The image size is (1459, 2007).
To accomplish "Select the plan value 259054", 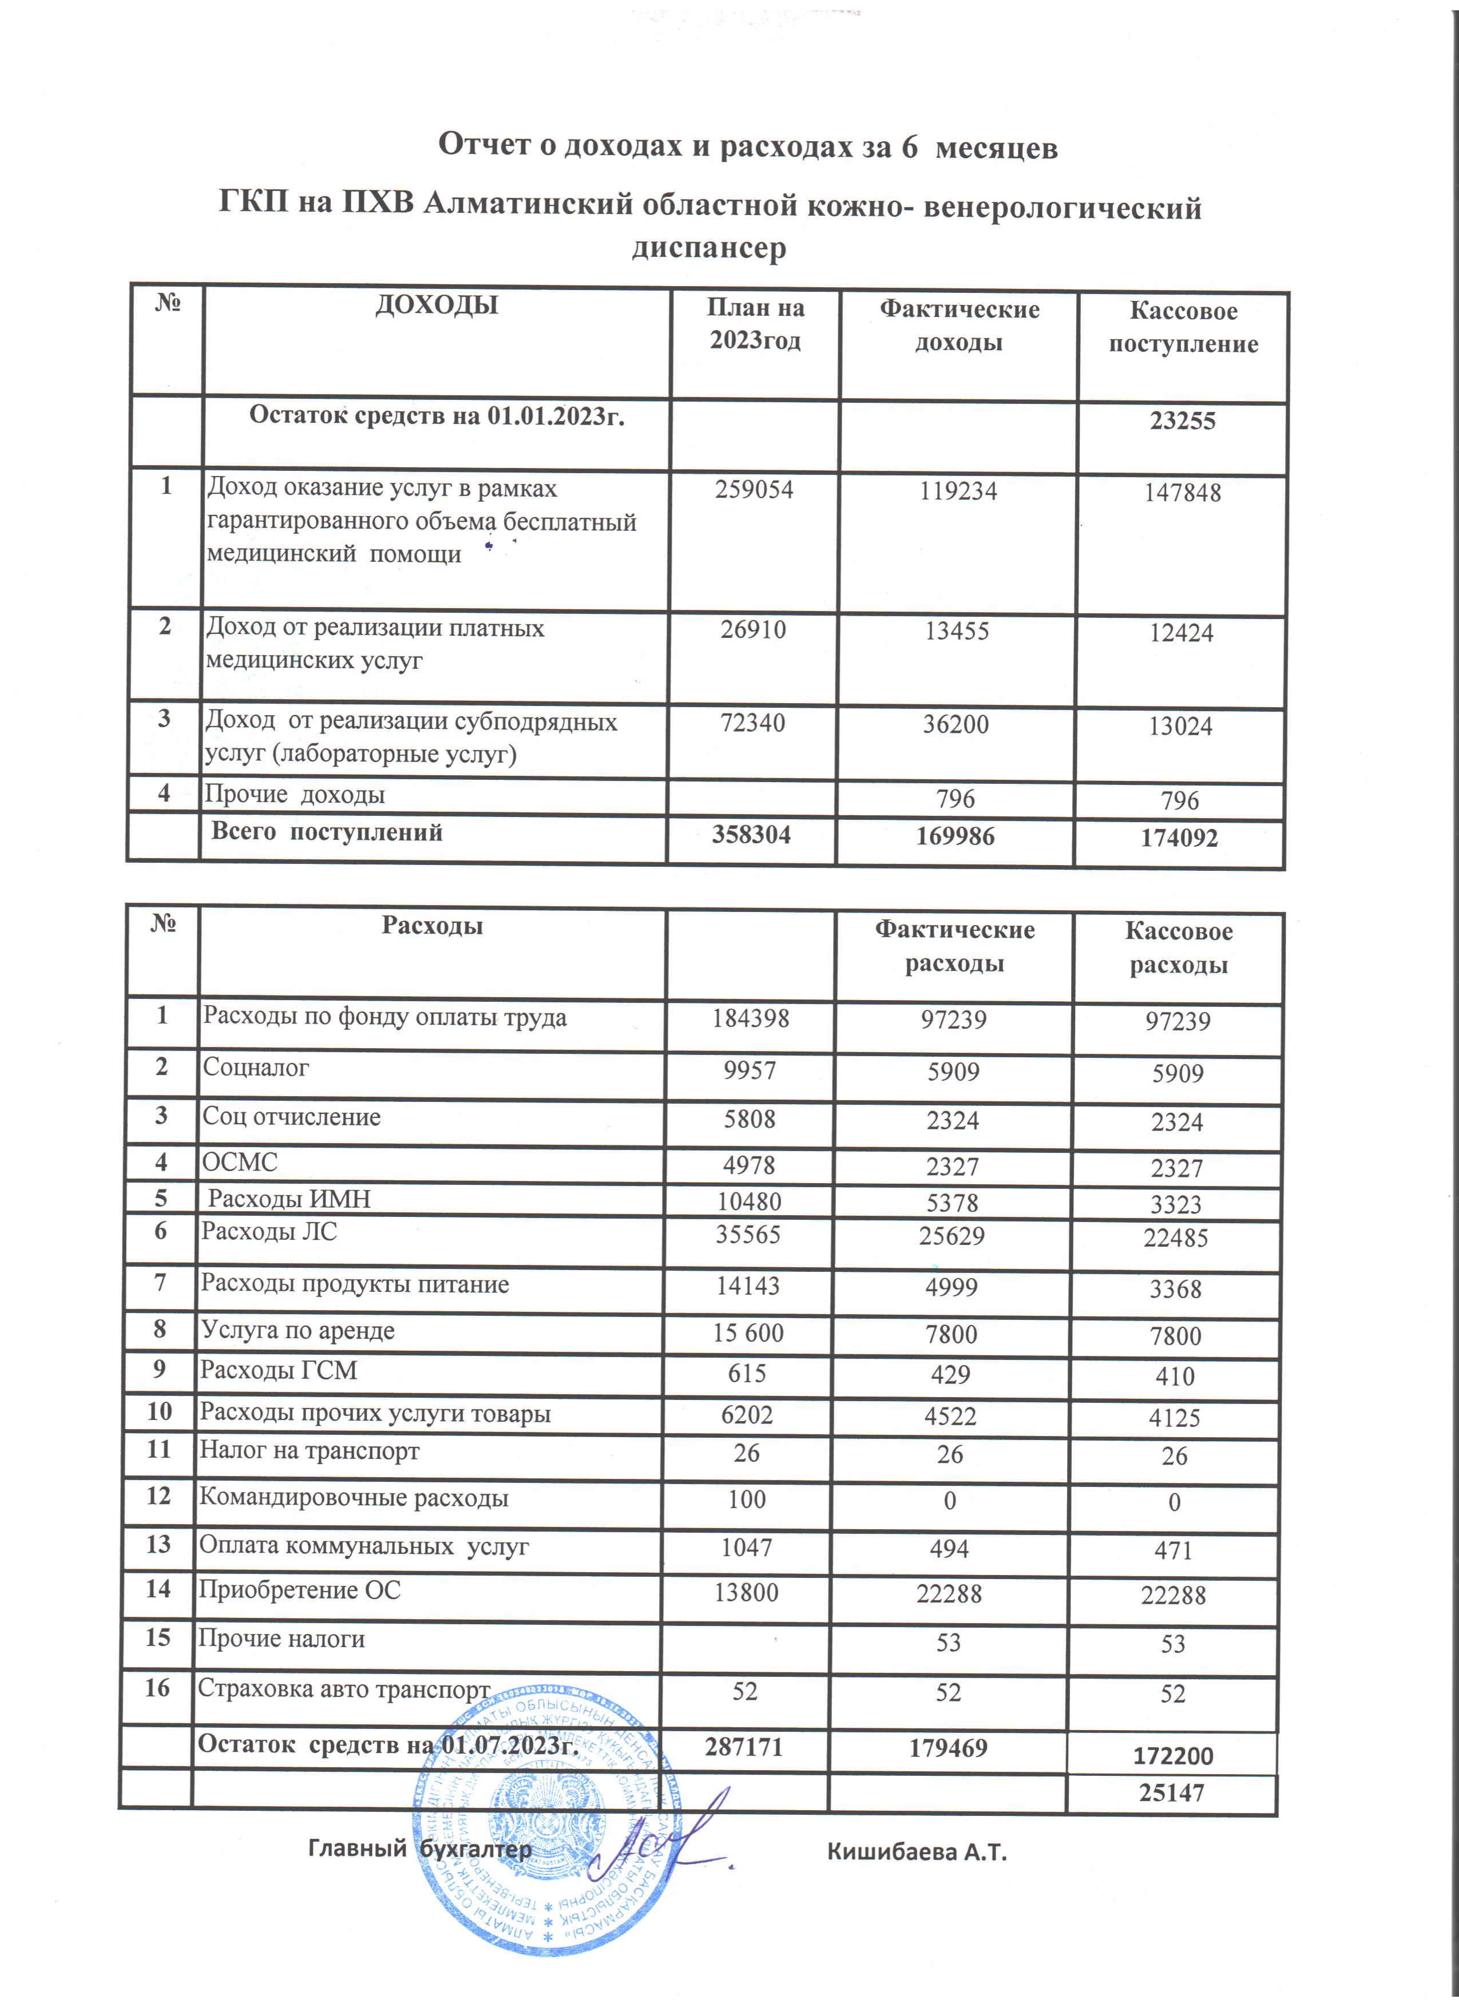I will pos(754,489).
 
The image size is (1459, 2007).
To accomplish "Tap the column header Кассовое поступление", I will pos(1183,327).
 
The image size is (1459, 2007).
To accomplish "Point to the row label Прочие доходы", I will pos(295,794).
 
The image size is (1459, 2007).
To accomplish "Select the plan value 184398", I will pos(750,1018).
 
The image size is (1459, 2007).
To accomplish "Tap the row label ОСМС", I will pos(240,1162).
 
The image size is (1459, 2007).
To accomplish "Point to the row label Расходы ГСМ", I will pos(278,1371).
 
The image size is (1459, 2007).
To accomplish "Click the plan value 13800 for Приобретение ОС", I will pos(747,1593).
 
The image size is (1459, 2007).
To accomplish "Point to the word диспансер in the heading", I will pos(709,248).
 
